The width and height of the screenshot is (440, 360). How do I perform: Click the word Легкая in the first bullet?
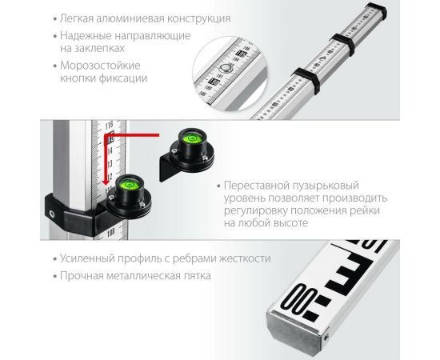(x=77, y=18)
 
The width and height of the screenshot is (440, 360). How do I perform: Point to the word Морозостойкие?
(x=98, y=65)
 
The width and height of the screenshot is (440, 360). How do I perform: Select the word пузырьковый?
(x=328, y=184)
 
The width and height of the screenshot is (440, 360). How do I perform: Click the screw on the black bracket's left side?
(x=51, y=214)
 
